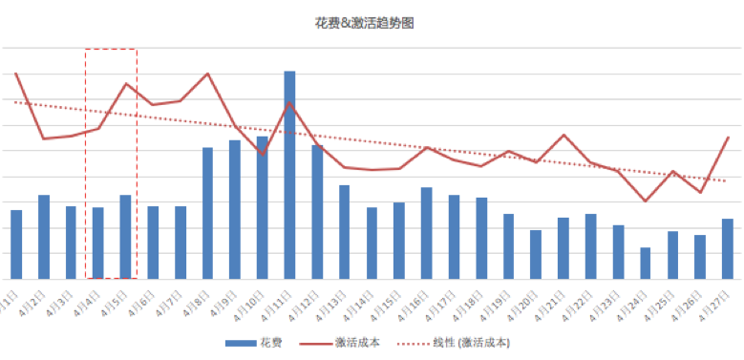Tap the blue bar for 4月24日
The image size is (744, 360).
[x=646, y=264]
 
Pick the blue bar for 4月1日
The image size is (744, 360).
[x=16, y=244]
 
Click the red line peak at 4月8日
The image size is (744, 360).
[x=207, y=74]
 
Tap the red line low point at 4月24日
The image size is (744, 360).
[x=646, y=201]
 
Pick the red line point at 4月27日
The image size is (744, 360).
[x=728, y=138]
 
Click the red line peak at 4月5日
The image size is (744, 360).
[x=126, y=83]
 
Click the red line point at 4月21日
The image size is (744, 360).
[x=563, y=135]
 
